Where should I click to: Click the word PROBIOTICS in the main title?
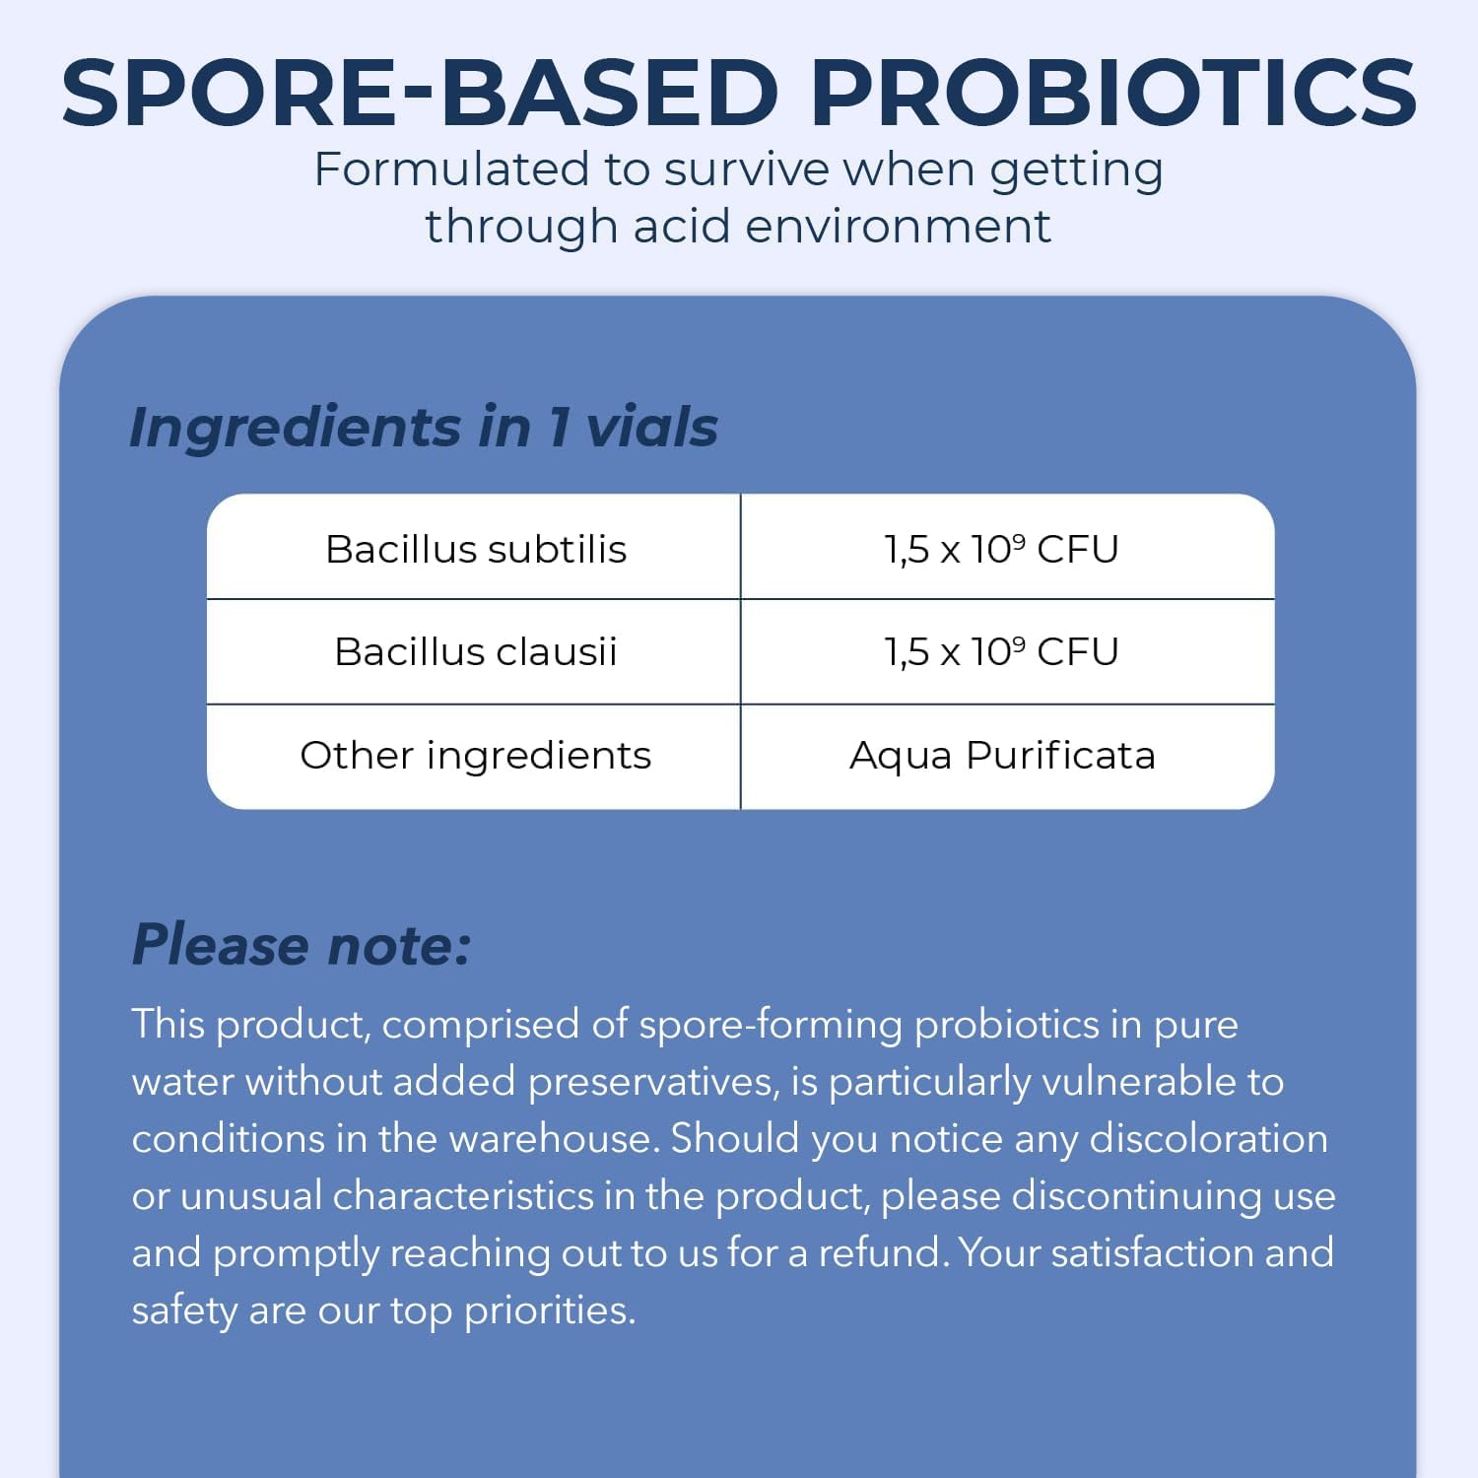click(1112, 93)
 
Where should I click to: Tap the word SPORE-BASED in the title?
click(420, 93)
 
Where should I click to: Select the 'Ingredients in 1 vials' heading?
click(424, 427)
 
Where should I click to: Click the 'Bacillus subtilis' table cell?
click(476, 549)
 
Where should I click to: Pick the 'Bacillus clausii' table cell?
click(476, 651)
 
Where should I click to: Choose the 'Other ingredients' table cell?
click(476, 756)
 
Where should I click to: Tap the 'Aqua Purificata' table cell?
click(1002, 756)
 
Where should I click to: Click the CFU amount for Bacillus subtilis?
click(1001, 549)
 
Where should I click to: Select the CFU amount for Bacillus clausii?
click(1001, 651)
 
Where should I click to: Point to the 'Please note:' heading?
click(302, 945)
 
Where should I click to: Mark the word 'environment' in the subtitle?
click(899, 227)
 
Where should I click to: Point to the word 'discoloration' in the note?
click(1208, 1139)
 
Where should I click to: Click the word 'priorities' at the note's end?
click(549, 1310)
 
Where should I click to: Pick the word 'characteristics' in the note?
click(463, 1196)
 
